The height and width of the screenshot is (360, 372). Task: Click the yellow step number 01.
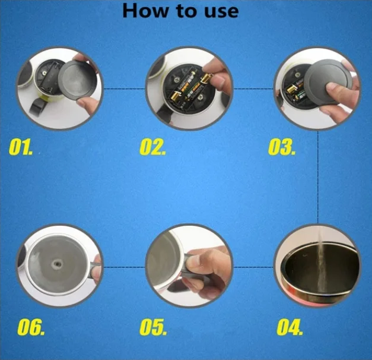[x=21, y=147]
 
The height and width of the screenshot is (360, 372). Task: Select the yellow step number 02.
[x=152, y=147]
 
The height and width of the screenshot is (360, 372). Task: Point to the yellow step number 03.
[x=282, y=147]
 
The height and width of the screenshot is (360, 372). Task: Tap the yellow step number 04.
[x=290, y=327]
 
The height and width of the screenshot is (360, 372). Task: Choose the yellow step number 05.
[x=153, y=327]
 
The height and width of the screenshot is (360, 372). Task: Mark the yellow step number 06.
[x=31, y=327]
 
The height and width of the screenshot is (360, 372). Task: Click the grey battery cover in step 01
[x=77, y=81]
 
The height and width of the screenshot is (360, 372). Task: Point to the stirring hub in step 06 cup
[x=57, y=264]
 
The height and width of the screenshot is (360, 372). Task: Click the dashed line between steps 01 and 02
[x=125, y=89]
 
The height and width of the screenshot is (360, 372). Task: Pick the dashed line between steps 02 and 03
[x=253, y=89]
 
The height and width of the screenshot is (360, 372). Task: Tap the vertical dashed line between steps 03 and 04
[x=317, y=177]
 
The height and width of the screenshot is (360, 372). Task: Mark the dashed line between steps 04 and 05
[x=253, y=267]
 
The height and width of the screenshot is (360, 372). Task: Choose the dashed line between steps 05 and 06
[x=125, y=267]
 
